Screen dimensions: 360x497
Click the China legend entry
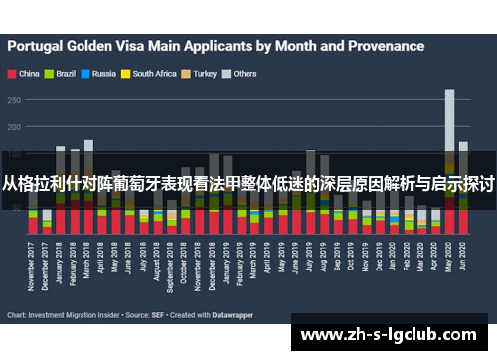[x=28, y=73]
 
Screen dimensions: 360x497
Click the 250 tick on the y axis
[x=16, y=99]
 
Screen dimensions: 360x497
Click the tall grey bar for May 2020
[x=449, y=119]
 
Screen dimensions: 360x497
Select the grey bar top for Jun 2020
[x=463, y=146]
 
